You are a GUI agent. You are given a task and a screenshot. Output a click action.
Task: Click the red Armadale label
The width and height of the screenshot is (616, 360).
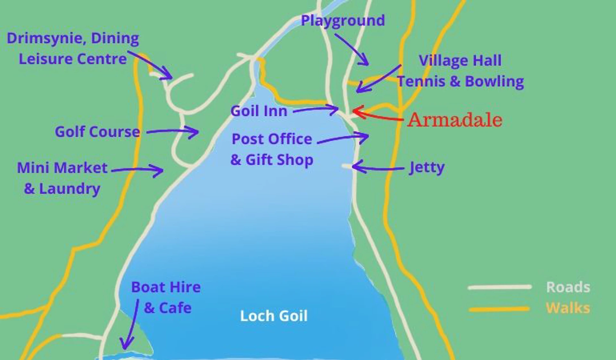pyautogui.click(x=455, y=120)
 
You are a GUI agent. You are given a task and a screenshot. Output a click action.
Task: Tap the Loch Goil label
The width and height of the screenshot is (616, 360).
pyautogui.click(x=274, y=316)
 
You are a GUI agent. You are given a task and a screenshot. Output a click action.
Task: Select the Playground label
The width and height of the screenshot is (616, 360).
pyautogui.click(x=343, y=21)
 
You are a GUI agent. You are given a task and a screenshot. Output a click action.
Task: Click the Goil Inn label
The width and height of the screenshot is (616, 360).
pyautogui.click(x=259, y=111)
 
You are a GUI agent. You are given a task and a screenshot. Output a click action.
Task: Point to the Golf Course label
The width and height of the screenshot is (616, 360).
pyautogui.click(x=97, y=132)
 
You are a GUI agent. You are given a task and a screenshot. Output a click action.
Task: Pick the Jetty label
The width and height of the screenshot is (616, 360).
pyautogui.click(x=427, y=167)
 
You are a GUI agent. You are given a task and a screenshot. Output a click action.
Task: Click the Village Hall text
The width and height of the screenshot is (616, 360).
pyautogui.click(x=460, y=60)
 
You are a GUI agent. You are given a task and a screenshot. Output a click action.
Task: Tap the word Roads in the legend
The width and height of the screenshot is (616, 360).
pyautogui.click(x=568, y=287)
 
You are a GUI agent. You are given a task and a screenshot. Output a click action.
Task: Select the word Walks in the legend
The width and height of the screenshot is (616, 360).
pyautogui.click(x=568, y=308)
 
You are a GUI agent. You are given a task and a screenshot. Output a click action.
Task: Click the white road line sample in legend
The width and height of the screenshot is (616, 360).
pyautogui.click(x=500, y=287)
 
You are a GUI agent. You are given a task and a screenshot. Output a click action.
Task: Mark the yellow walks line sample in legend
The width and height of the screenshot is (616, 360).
pyautogui.click(x=500, y=309)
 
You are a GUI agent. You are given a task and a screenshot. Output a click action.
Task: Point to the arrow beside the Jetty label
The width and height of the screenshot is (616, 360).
pyautogui.click(x=377, y=167)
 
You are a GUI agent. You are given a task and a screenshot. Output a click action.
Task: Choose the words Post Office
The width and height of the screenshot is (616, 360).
pyautogui.click(x=272, y=139)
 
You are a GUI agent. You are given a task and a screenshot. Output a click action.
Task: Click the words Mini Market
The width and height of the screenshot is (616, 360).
pyautogui.click(x=62, y=168)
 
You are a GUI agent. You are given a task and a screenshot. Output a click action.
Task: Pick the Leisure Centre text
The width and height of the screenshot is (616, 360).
pyautogui.click(x=73, y=59)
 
